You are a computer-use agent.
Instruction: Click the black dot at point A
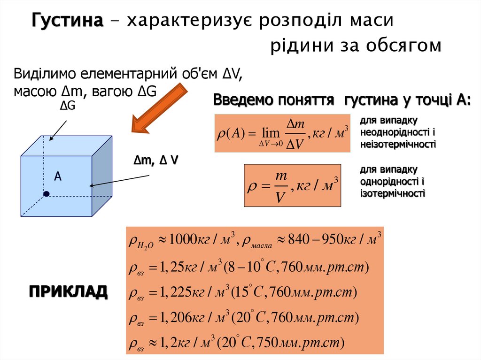(x=46, y=194)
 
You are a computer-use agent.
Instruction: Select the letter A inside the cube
(x=58, y=176)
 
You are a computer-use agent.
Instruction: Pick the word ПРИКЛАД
(x=68, y=291)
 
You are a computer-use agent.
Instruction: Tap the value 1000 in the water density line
(x=185, y=240)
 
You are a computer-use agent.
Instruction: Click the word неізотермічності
(x=398, y=144)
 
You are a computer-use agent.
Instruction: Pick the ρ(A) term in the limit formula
(x=231, y=133)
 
